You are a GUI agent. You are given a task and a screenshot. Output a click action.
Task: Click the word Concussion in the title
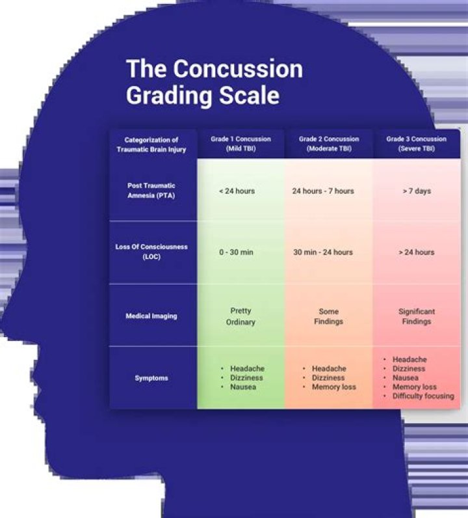point(239,68)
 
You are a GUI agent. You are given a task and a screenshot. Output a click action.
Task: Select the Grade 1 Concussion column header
point(240,144)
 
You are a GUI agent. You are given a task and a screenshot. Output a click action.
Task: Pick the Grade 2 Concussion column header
point(329,144)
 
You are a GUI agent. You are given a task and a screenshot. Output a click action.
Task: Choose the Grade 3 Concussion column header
point(416,144)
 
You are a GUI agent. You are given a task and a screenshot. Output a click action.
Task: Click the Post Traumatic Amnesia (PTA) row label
point(151,191)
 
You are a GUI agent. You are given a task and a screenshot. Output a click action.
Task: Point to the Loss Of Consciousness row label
point(151,252)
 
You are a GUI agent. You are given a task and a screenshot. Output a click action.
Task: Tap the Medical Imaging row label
point(151,316)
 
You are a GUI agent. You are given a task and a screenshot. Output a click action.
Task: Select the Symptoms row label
point(151,378)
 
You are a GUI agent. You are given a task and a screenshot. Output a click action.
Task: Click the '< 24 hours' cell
point(237,191)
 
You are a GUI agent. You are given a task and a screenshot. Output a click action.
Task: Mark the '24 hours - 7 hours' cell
point(323,191)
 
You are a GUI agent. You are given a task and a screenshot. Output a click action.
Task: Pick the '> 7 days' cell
point(417,191)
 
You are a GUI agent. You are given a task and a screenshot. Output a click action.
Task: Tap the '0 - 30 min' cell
point(237,252)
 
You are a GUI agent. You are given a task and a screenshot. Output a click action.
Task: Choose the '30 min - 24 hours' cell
point(323,252)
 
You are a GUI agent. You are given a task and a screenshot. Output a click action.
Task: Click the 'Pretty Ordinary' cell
point(240,316)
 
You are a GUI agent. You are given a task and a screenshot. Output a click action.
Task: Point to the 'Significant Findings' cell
point(417,316)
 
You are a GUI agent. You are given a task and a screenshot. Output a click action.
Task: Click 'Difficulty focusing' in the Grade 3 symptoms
point(423,396)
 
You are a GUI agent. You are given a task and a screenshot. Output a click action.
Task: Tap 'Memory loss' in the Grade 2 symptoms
point(333,387)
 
